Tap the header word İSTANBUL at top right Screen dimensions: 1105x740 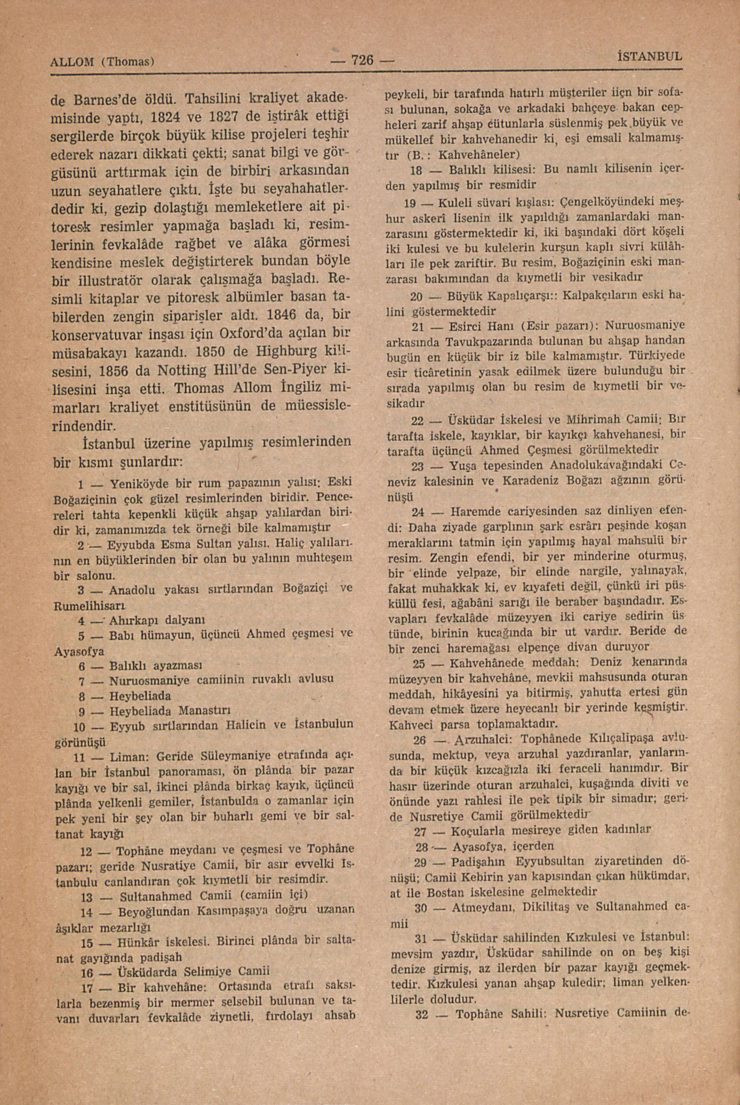coord(649,57)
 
